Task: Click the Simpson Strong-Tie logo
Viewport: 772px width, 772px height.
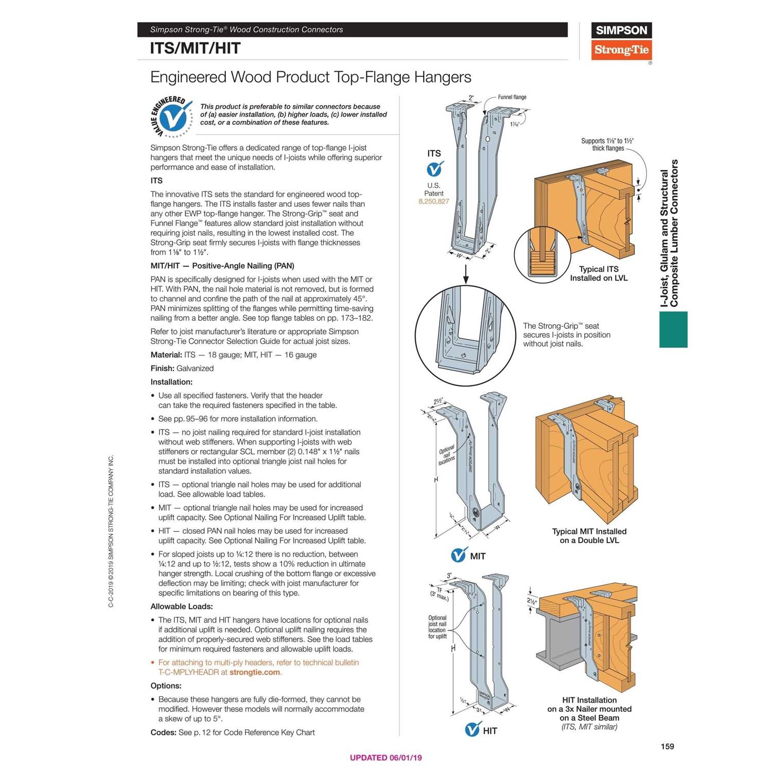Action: pos(621,41)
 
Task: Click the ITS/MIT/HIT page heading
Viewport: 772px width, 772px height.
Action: pos(195,48)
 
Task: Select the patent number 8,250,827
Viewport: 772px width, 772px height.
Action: pos(433,202)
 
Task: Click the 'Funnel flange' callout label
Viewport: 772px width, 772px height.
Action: pos(512,97)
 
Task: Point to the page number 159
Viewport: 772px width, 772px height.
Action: pos(667,746)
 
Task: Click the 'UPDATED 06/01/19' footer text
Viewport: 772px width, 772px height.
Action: pos(385,758)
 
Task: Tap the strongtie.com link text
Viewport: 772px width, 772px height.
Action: pos(255,672)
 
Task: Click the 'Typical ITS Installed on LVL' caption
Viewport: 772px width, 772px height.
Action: pos(599,273)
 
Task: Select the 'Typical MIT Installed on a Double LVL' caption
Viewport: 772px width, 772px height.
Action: pos(589,536)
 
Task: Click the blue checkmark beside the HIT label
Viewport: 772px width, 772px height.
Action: pos(472,730)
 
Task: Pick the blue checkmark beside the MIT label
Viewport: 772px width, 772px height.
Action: pos(459,555)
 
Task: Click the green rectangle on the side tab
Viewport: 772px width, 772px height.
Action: pos(673,329)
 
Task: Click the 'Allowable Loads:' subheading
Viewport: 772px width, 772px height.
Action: pos(181,606)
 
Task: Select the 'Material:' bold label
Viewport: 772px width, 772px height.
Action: pos(166,355)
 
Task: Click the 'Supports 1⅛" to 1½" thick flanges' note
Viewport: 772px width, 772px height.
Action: pos(607,145)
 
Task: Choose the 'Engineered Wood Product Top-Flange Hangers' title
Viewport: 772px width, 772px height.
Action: pos(310,77)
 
